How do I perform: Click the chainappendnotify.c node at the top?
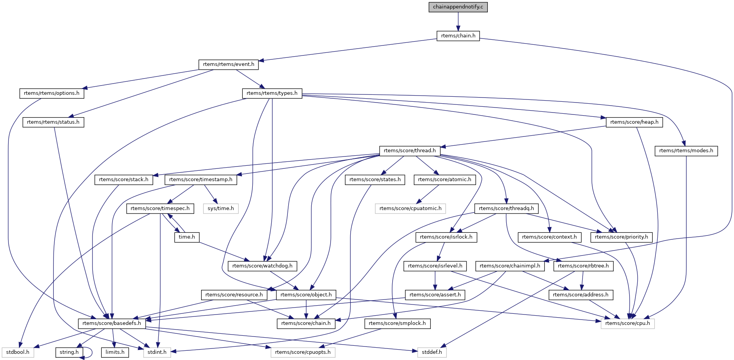point(458,7)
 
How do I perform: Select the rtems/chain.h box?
point(458,36)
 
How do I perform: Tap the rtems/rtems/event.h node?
point(228,64)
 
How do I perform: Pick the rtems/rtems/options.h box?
point(52,93)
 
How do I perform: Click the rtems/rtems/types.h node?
point(272,93)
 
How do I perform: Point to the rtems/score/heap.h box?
point(634,122)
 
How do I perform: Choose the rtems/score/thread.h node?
point(410,151)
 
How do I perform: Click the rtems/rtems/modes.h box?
point(686,151)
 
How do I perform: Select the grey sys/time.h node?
point(221,209)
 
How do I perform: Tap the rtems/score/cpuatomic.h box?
point(410,209)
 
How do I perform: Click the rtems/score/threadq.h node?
point(506,209)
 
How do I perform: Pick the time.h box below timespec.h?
point(187,237)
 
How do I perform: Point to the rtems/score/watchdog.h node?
point(262,266)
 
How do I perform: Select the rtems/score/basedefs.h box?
point(112,323)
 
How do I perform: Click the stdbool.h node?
point(18,352)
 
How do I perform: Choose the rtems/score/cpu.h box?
point(627,323)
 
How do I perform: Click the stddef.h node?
point(432,352)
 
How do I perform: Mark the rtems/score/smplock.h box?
point(397,323)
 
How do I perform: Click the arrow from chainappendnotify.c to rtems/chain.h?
point(458,21)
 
